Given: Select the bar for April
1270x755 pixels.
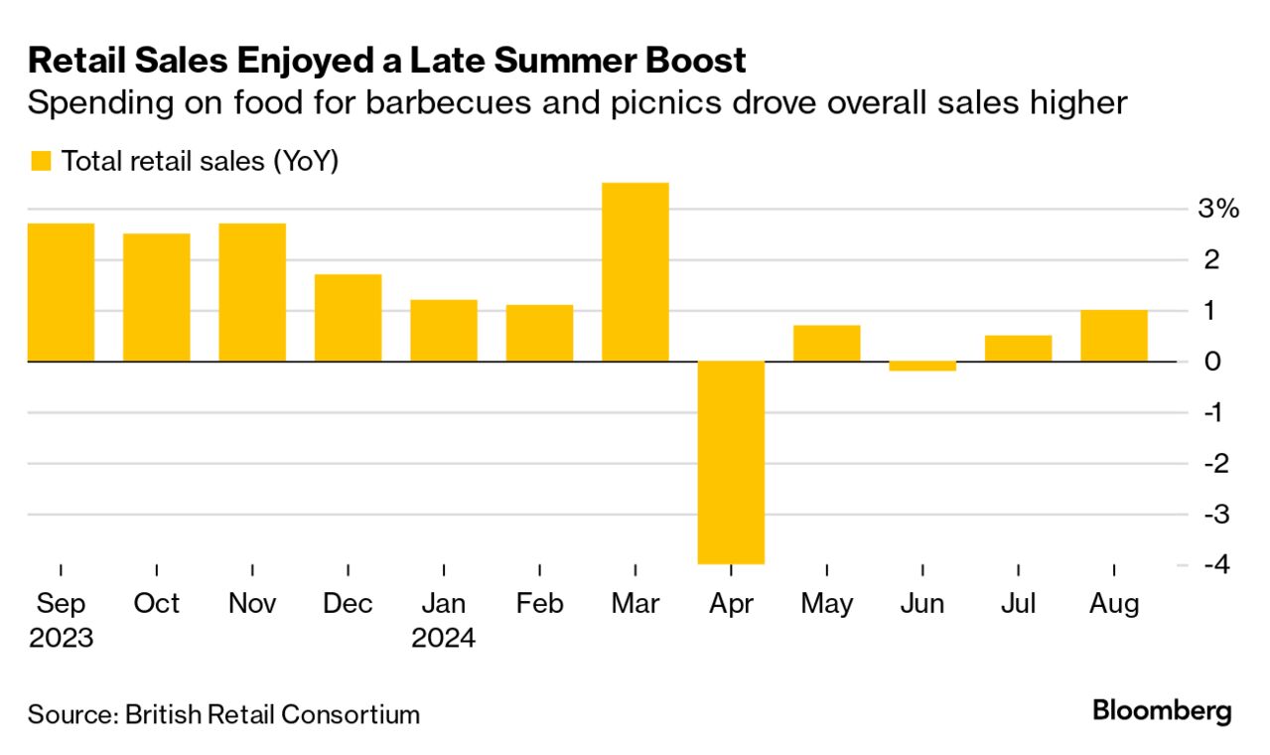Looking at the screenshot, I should pos(731,462).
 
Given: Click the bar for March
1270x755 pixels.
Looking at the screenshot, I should pos(635,271).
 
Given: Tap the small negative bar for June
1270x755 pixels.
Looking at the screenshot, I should pos(922,366).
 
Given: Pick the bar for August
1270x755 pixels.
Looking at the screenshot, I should pos(1114,336).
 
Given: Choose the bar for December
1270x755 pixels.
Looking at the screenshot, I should pos(349,318).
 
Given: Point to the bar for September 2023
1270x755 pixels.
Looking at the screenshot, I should pos(61,292).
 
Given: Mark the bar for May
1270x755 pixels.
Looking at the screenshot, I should pos(827,343).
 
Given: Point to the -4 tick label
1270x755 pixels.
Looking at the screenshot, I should pos(1215,564).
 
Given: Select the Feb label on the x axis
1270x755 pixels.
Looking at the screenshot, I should pos(540,604).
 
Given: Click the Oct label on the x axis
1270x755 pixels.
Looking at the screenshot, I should pos(157,604).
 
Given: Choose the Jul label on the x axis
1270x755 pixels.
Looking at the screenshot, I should pos(1018,604).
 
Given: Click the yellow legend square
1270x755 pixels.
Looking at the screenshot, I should pos(41,161).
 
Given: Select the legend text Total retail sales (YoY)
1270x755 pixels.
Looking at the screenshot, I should pos(201,161).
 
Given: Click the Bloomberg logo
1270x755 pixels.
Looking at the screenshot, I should pos(1162,711).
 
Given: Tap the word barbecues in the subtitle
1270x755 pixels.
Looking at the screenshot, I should pos(478,103).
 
